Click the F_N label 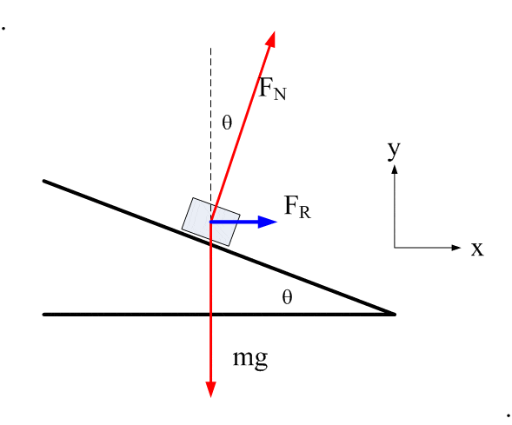click(x=272, y=89)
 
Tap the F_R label click(x=297, y=207)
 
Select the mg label click(x=250, y=359)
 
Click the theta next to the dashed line click(x=227, y=123)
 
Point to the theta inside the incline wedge click(x=287, y=297)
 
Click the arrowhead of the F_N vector click(x=272, y=38)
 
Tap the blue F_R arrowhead click(x=268, y=222)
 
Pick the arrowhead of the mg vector click(x=211, y=389)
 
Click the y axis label click(x=394, y=150)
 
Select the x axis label click(x=477, y=249)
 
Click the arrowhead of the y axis click(x=395, y=169)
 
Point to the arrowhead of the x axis click(x=456, y=248)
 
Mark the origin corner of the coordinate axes click(x=395, y=248)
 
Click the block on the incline click(x=211, y=222)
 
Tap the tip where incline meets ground click(x=395, y=315)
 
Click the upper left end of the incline click(x=44, y=181)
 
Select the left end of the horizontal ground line click(x=44, y=315)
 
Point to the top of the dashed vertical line click(x=210, y=49)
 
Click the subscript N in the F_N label click(x=280, y=94)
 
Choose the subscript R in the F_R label click(x=305, y=212)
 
